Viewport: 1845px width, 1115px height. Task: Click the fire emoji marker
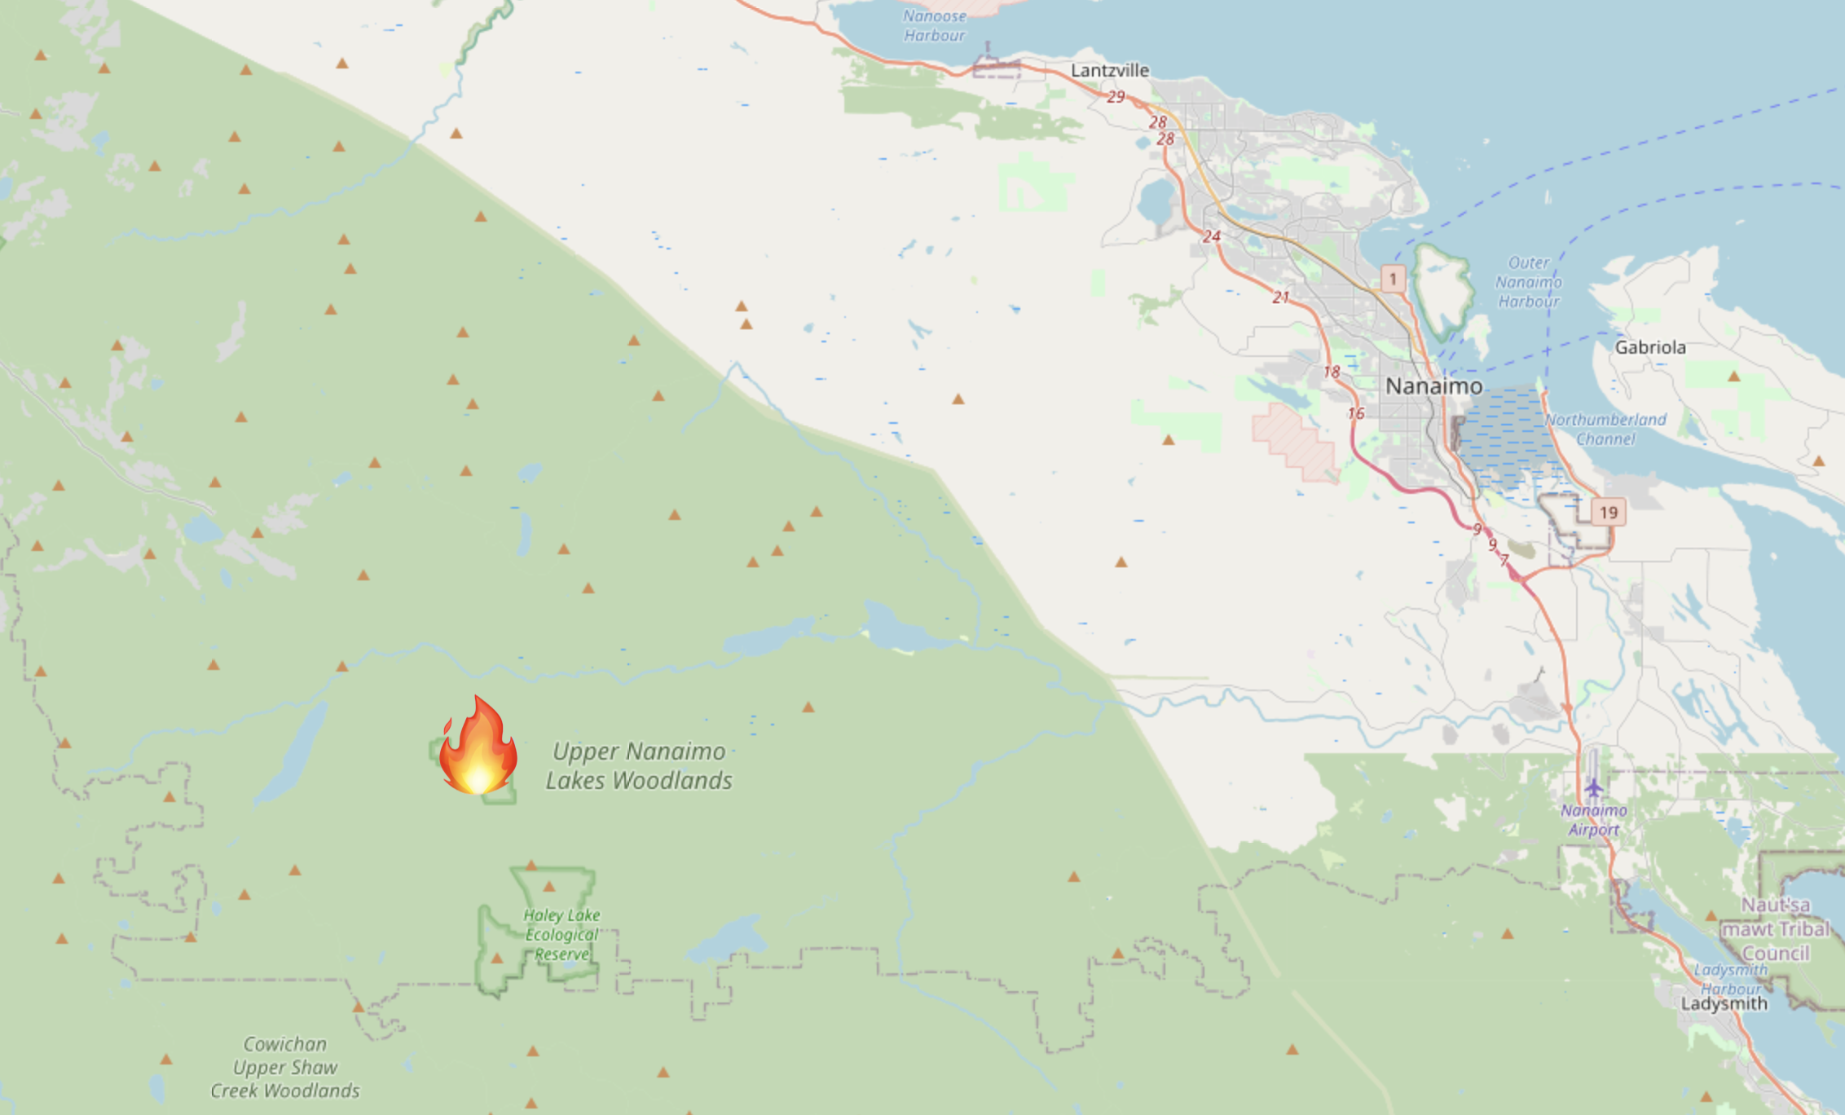[478, 746]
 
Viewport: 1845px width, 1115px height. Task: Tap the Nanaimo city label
[1433, 386]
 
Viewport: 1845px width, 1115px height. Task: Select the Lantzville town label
[1109, 71]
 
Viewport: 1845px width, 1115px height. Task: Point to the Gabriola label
[1650, 347]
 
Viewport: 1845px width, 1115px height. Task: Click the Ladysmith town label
[1724, 1003]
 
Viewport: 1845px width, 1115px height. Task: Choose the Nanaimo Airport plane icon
[1594, 788]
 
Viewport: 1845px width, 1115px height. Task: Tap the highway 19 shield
[1608, 513]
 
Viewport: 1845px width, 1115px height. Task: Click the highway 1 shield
[1393, 279]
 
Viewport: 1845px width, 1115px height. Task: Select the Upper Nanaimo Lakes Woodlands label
[639, 766]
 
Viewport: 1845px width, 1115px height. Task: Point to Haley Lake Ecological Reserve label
[561, 934]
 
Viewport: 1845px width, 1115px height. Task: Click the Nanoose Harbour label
[934, 25]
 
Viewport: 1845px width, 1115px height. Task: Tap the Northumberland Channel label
[1605, 430]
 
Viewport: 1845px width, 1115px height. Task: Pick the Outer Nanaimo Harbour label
[1528, 282]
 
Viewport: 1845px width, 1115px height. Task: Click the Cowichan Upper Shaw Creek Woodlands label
[285, 1067]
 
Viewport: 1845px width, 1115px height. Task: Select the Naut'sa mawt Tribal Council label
[1776, 929]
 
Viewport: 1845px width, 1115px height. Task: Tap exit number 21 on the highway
[1280, 297]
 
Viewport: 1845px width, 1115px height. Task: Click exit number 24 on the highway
[1212, 236]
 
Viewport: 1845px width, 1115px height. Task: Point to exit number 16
[1355, 414]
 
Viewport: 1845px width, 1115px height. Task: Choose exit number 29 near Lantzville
[1116, 97]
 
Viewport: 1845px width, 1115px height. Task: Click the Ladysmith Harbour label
[1731, 978]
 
